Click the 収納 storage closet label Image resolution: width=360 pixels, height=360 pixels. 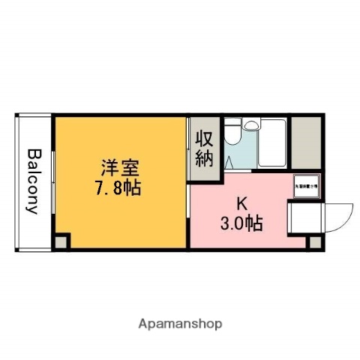point(205,148)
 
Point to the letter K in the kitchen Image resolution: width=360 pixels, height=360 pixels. point(242,202)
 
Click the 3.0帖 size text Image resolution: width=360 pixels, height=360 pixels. point(241,222)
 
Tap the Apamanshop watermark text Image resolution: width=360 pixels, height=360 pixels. point(180,324)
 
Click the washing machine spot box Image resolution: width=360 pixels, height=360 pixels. point(305,185)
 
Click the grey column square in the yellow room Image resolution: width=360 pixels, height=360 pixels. point(61,241)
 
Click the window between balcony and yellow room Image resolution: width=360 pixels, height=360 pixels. point(52,180)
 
